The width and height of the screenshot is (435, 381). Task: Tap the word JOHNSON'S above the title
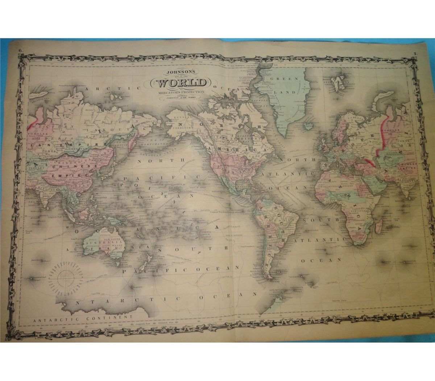click(x=182, y=71)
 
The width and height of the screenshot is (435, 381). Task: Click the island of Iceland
click(x=309, y=126)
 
